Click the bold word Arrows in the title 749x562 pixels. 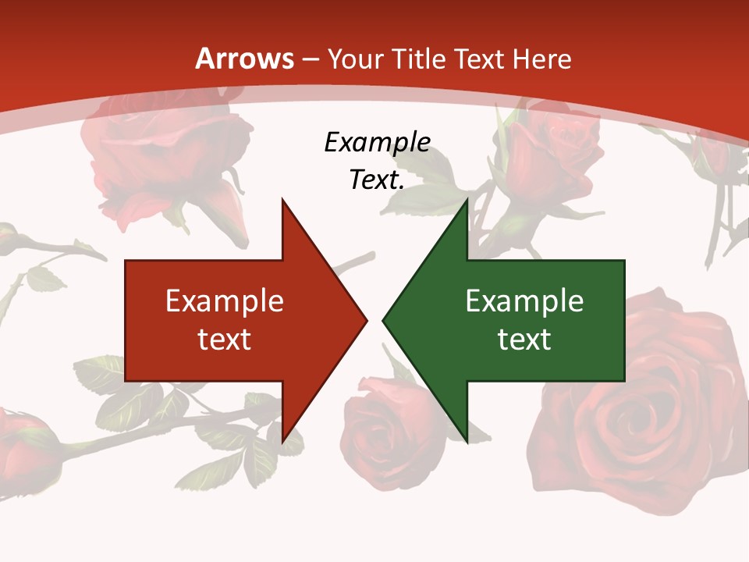coord(245,59)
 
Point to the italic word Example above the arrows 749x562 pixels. coord(378,142)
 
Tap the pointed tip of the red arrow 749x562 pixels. coord(365,319)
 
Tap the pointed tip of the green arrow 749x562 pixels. coord(385,319)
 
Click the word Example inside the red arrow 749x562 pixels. coord(225,301)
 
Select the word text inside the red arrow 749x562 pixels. coord(225,339)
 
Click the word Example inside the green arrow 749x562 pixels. coord(524,301)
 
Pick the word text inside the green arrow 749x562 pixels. coord(524,339)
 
